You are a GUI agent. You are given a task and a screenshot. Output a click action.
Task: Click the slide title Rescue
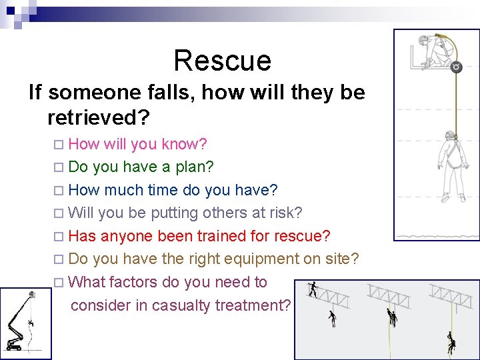click(222, 61)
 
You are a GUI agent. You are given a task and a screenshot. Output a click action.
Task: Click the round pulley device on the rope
click(456, 67)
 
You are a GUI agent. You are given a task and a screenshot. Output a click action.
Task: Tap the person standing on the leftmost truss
click(313, 289)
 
